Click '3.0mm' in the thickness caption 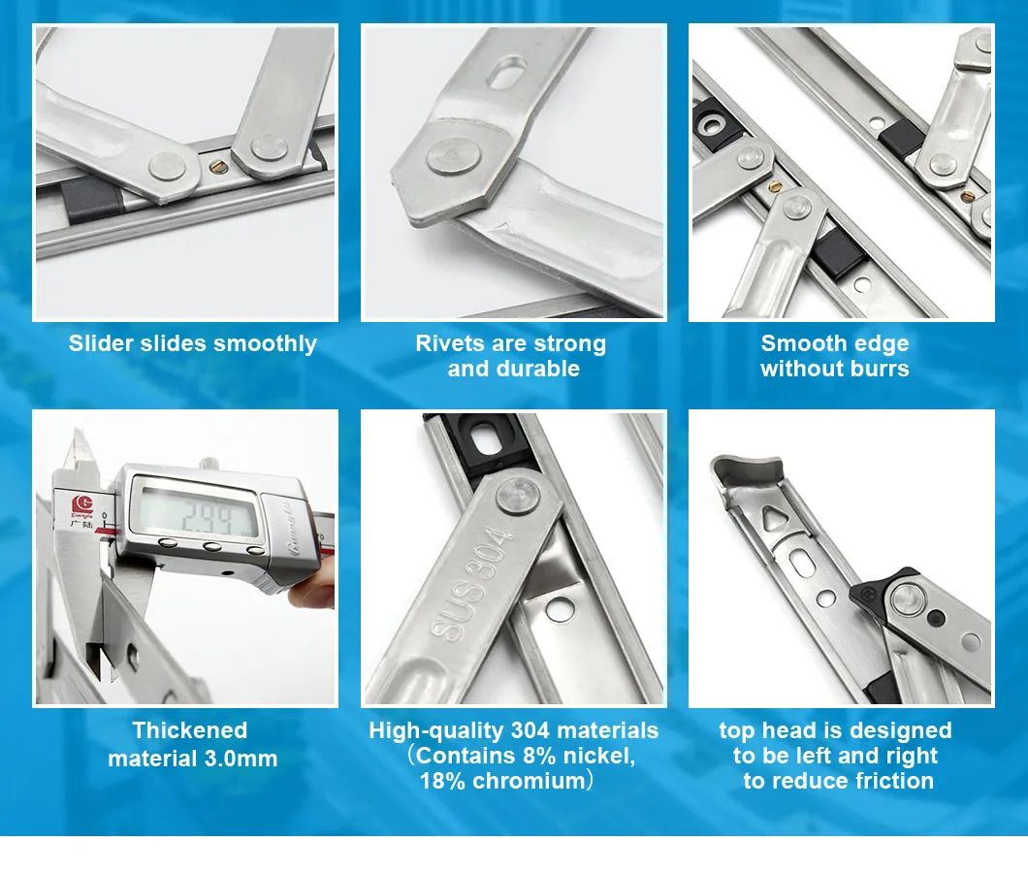[241, 759]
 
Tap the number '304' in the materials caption [530, 730]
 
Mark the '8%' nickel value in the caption [540, 756]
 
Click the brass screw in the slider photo [217, 167]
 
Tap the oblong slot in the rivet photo [507, 72]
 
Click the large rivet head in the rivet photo [454, 157]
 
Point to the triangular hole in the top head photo [775, 518]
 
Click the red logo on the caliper [82, 505]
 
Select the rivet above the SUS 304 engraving [518, 496]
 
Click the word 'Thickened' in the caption [190, 730]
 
